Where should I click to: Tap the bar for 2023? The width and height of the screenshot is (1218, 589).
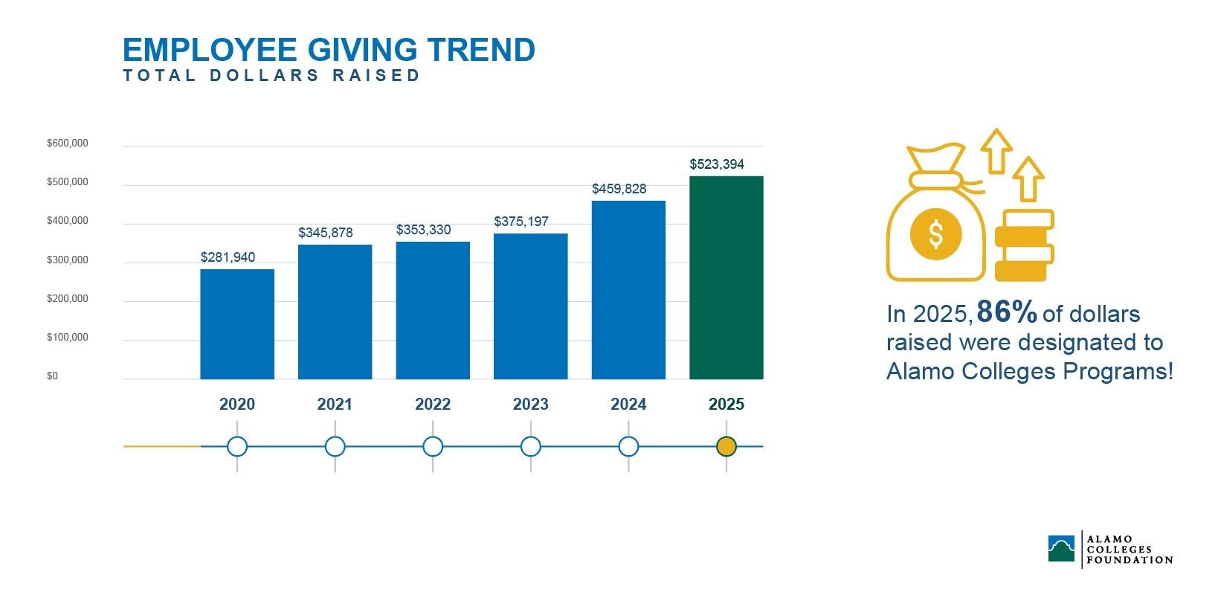(x=530, y=306)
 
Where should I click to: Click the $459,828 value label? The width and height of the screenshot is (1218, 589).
(x=619, y=189)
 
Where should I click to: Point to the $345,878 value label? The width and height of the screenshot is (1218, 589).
(x=325, y=233)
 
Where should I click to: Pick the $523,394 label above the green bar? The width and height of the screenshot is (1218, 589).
(x=716, y=164)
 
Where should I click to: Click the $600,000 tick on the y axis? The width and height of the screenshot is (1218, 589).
(x=68, y=144)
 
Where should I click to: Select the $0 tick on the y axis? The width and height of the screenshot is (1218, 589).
(x=52, y=376)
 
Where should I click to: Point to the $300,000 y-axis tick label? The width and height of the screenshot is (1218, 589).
(x=68, y=260)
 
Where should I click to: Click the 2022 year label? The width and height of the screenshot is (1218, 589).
(x=433, y=405)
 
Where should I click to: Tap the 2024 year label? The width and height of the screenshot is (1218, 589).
(x=628, y=405)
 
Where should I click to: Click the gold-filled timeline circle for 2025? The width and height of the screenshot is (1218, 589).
(x=726, y=447)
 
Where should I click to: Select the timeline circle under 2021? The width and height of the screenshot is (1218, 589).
(x=335, y=447)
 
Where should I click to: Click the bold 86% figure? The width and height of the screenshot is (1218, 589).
(x=1006, y=312)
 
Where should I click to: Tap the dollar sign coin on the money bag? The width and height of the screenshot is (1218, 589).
(x=935, y=234)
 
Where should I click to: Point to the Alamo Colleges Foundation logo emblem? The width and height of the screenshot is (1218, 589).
(x=1061, y=548)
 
